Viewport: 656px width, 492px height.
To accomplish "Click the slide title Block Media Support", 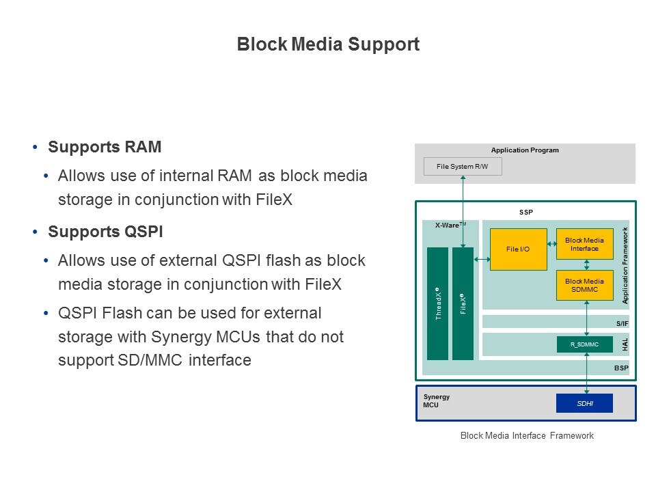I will point(328,45).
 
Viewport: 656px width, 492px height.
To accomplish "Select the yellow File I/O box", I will point(518,249).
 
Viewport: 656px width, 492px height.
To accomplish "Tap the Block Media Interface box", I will point(584,244).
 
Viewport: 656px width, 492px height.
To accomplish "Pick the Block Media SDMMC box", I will point(584,286).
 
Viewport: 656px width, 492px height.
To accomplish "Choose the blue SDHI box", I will point(584,404).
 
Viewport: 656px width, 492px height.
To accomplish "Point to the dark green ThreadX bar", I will point(438,303).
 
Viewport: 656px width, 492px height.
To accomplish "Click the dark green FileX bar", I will point(463,303).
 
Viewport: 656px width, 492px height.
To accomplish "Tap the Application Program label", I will point(525,150).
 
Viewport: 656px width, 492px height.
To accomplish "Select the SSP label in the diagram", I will point(525,213).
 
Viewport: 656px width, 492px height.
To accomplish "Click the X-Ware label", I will point(450,225).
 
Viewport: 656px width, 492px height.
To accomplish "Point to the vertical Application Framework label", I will point(625,265).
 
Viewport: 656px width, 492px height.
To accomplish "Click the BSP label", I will point(621,368).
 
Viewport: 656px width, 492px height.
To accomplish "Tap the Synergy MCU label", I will point(436,401).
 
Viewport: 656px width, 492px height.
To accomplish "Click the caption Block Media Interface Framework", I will point(527,436).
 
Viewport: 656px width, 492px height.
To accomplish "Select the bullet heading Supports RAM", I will point(105,148).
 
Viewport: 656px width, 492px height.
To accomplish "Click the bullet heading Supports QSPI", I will point(105,232).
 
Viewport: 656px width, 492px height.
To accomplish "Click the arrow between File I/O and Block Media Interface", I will point(551,244).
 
